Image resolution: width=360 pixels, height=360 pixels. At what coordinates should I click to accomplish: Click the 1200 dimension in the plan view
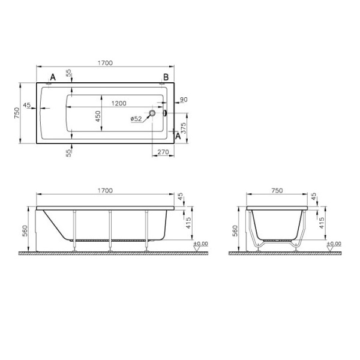(x=119, y=103)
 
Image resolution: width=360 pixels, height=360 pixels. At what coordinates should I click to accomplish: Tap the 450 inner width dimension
(x=98, y=116)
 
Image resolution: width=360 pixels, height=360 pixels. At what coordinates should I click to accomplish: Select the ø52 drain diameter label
(x=136, y=119)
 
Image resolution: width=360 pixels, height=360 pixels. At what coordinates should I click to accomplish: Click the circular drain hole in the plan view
(x=152, y=113)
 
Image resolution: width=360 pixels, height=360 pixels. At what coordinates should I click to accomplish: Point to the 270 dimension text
(x=163, y=152)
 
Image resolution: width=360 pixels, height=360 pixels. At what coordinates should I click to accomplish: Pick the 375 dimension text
(x=184, y=128)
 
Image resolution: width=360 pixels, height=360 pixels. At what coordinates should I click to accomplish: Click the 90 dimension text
(x=184, y=100)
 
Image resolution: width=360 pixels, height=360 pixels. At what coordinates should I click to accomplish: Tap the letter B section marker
(x=166, y=77)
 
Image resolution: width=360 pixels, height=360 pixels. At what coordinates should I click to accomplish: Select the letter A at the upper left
(x=53, y=77)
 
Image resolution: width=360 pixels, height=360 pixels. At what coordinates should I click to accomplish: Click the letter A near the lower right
(x=178, y=136)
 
